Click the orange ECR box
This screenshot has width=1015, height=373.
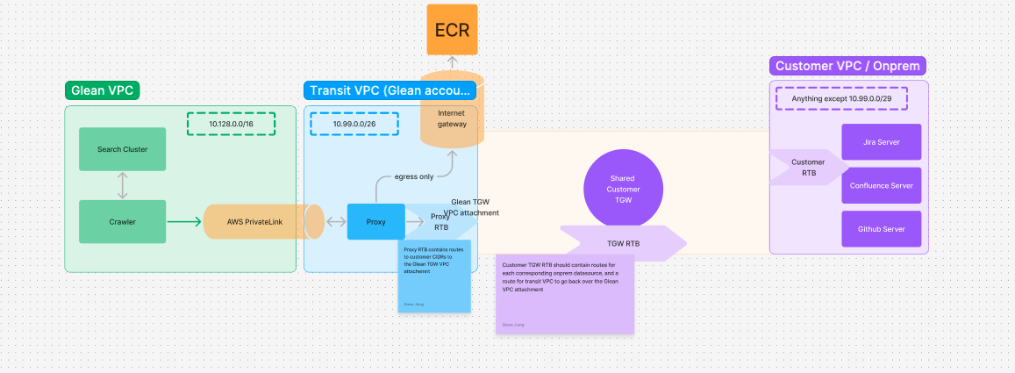452,31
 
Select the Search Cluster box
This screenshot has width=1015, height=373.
122,149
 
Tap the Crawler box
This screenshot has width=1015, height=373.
122,222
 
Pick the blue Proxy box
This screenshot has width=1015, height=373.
375,222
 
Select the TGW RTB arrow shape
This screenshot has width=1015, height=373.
623,243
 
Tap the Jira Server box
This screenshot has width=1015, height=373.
881,142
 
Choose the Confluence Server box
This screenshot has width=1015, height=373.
881,185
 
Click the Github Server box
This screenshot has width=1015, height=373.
881,228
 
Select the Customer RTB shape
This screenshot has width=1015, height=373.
808,167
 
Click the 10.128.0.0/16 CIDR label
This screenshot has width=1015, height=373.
231,124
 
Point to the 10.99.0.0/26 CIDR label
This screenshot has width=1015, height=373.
354,124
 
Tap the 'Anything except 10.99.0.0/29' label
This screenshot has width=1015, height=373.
841,98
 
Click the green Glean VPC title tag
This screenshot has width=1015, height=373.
102,90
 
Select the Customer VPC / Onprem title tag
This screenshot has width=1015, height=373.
848,66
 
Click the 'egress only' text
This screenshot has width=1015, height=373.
413,176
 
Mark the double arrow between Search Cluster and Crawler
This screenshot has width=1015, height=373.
122,185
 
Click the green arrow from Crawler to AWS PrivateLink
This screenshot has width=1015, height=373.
185,222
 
